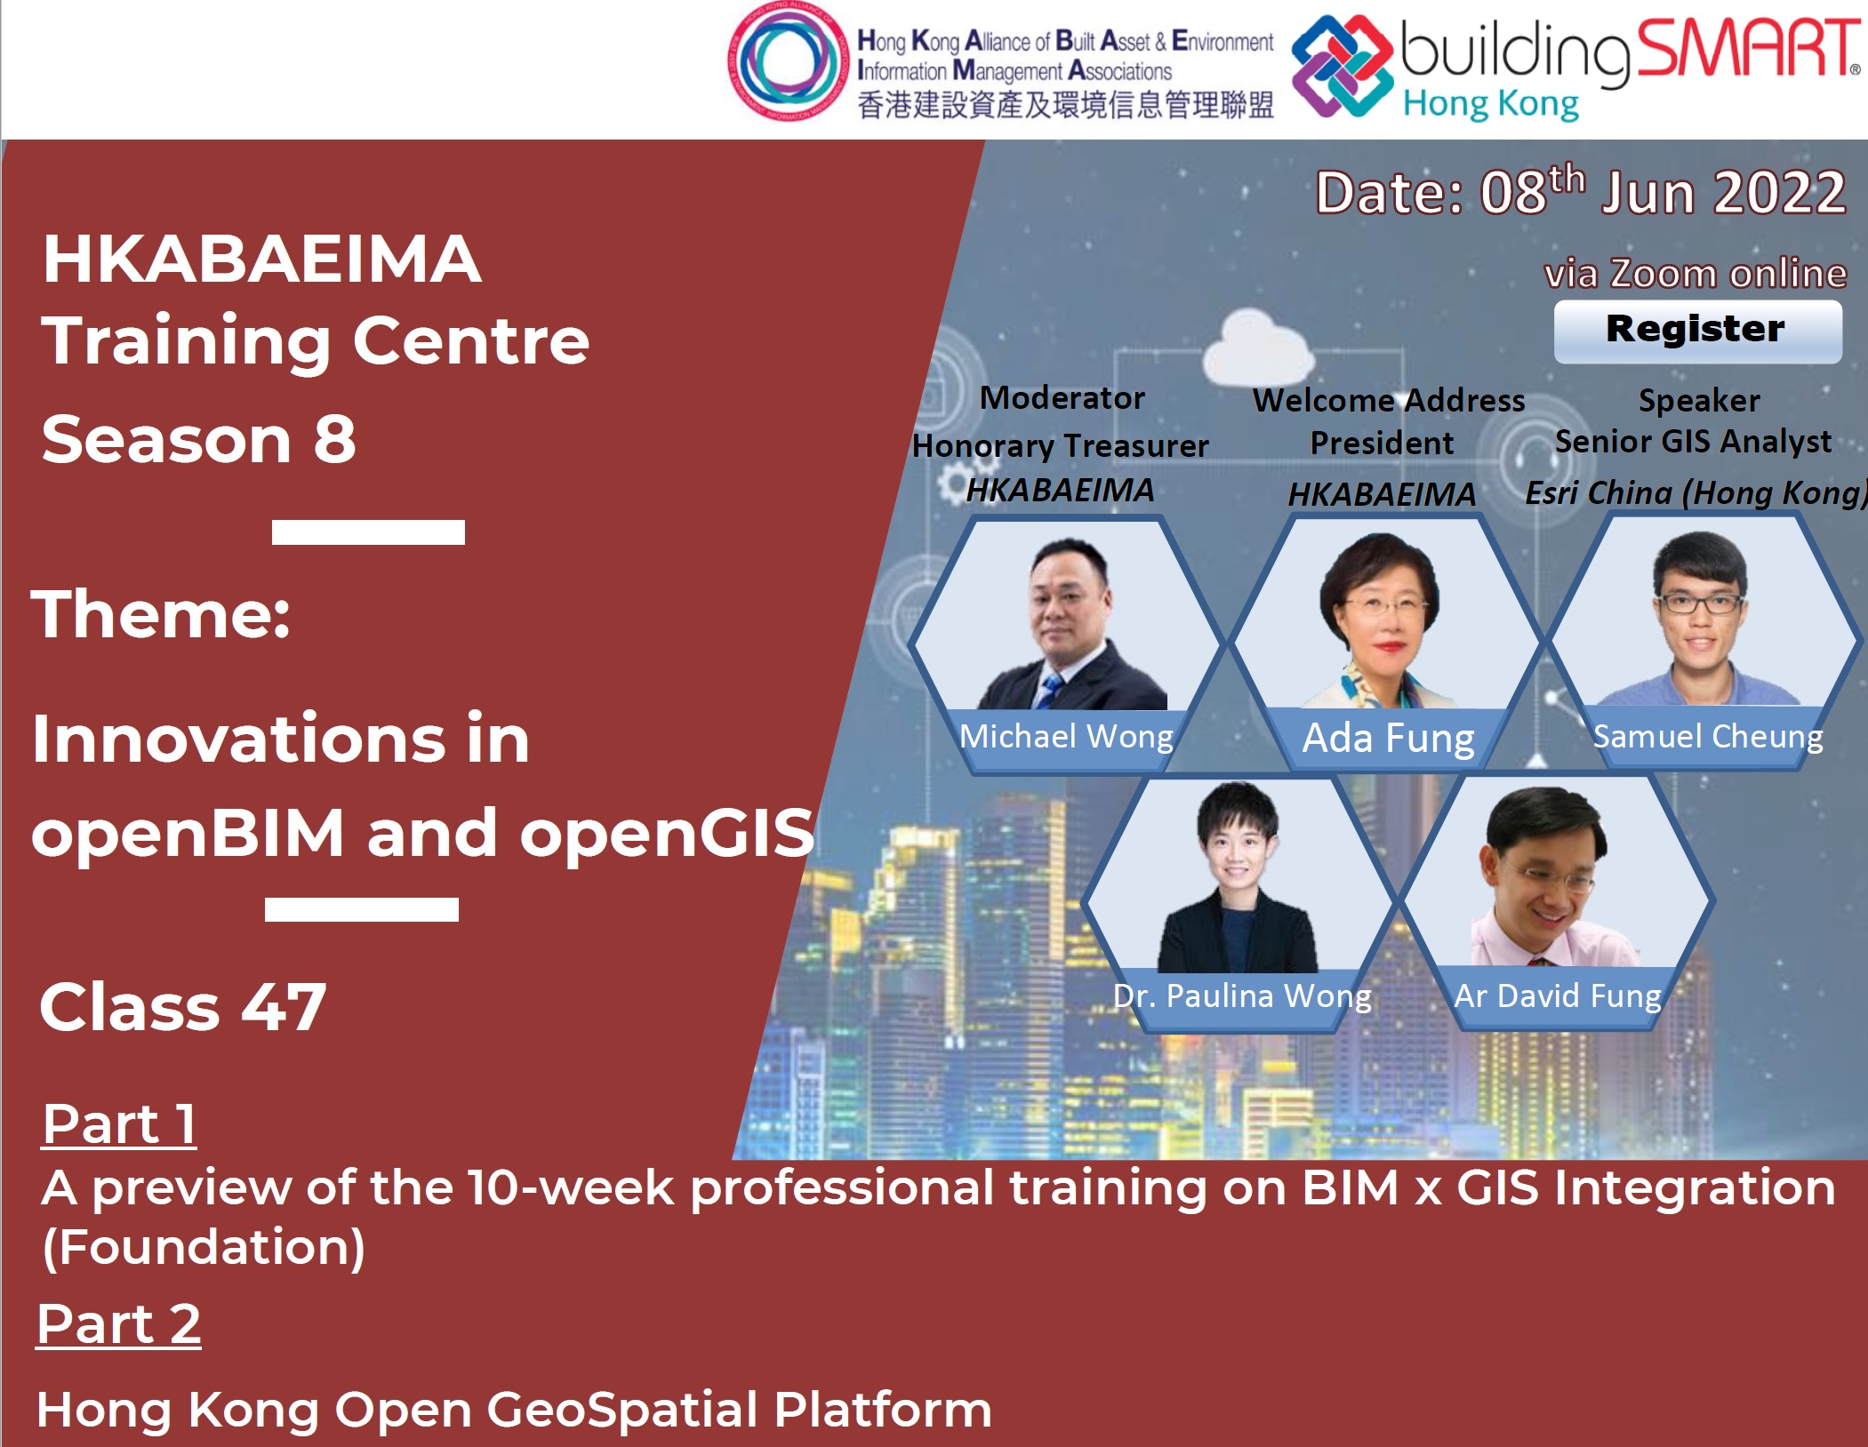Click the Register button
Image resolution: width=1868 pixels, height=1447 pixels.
click(x=1697, y=331)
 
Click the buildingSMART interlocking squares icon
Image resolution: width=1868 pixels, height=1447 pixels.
click(x=1342, y=66)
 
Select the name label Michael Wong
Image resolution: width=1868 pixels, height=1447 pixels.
click(x=1066, y=736)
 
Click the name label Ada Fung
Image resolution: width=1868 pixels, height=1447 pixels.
click(x=1388, y=738)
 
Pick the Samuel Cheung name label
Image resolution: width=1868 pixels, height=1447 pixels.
click(x=1707, y=736)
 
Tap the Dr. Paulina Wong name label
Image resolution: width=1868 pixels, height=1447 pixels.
click(x=1242, y=995)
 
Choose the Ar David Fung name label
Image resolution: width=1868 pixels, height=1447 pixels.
click(x=1557, y=995)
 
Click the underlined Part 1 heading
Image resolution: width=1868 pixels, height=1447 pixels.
click(x=119, y=1124)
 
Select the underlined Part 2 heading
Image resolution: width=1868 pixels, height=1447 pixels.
click(x=118, y=1324)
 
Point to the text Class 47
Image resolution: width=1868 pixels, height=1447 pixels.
click(x=182, y=1007)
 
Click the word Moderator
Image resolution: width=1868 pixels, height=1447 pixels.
click(x=1062, y=397)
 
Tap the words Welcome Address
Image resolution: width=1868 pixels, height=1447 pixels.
click(x=1389, y=400)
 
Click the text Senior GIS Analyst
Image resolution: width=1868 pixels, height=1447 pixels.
click(x=1693, y=442)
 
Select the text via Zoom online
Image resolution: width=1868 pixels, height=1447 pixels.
click(x=1696, y=273)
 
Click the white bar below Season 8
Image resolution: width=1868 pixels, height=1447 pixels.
click(x=368, y=532)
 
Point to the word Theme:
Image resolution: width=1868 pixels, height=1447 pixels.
click(x=161, y=613)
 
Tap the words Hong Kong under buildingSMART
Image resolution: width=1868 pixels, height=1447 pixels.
click(x=1491, y=103)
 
